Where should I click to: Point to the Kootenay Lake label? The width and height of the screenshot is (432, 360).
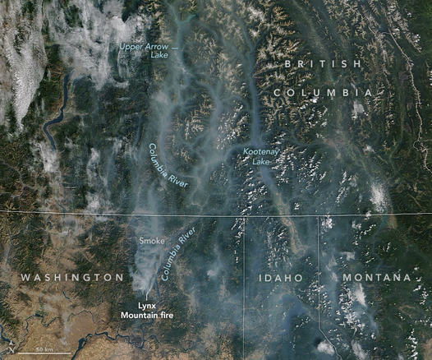tap(262, 157)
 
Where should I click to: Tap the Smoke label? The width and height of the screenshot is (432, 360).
tap(151, 240)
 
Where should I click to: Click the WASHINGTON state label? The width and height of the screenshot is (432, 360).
tap(72, 278)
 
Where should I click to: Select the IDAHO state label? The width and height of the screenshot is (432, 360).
tap(281, 279)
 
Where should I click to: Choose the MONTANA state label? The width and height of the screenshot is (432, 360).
tap(376, 278)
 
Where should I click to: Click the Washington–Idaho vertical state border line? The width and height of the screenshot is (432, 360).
tap(243, 312)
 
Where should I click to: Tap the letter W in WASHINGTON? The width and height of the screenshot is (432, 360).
tap(25, 278)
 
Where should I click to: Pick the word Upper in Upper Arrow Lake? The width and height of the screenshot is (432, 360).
tap(132, 47)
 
